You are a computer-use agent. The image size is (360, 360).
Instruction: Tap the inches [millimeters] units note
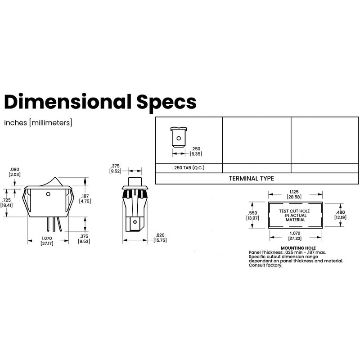click(x=38, y=122)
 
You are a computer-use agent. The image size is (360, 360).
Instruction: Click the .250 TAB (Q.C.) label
click(x=189, y=168)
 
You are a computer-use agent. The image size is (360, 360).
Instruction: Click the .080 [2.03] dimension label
click(x=14, y=172)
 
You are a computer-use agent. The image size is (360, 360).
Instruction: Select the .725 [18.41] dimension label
click(x=7, y=202)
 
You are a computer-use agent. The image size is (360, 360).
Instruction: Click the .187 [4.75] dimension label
click(x=85, y=198)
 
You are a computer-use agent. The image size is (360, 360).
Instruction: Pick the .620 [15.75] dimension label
click(x=160, y=238)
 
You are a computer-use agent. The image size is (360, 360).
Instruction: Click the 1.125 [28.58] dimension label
click(x=295, y=194)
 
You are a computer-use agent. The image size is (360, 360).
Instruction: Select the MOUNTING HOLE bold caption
click(x=298, y=248)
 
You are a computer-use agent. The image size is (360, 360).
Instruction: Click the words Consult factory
click(x=265, y=265)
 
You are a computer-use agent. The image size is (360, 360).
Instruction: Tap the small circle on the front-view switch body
click(x=48, y=195)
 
